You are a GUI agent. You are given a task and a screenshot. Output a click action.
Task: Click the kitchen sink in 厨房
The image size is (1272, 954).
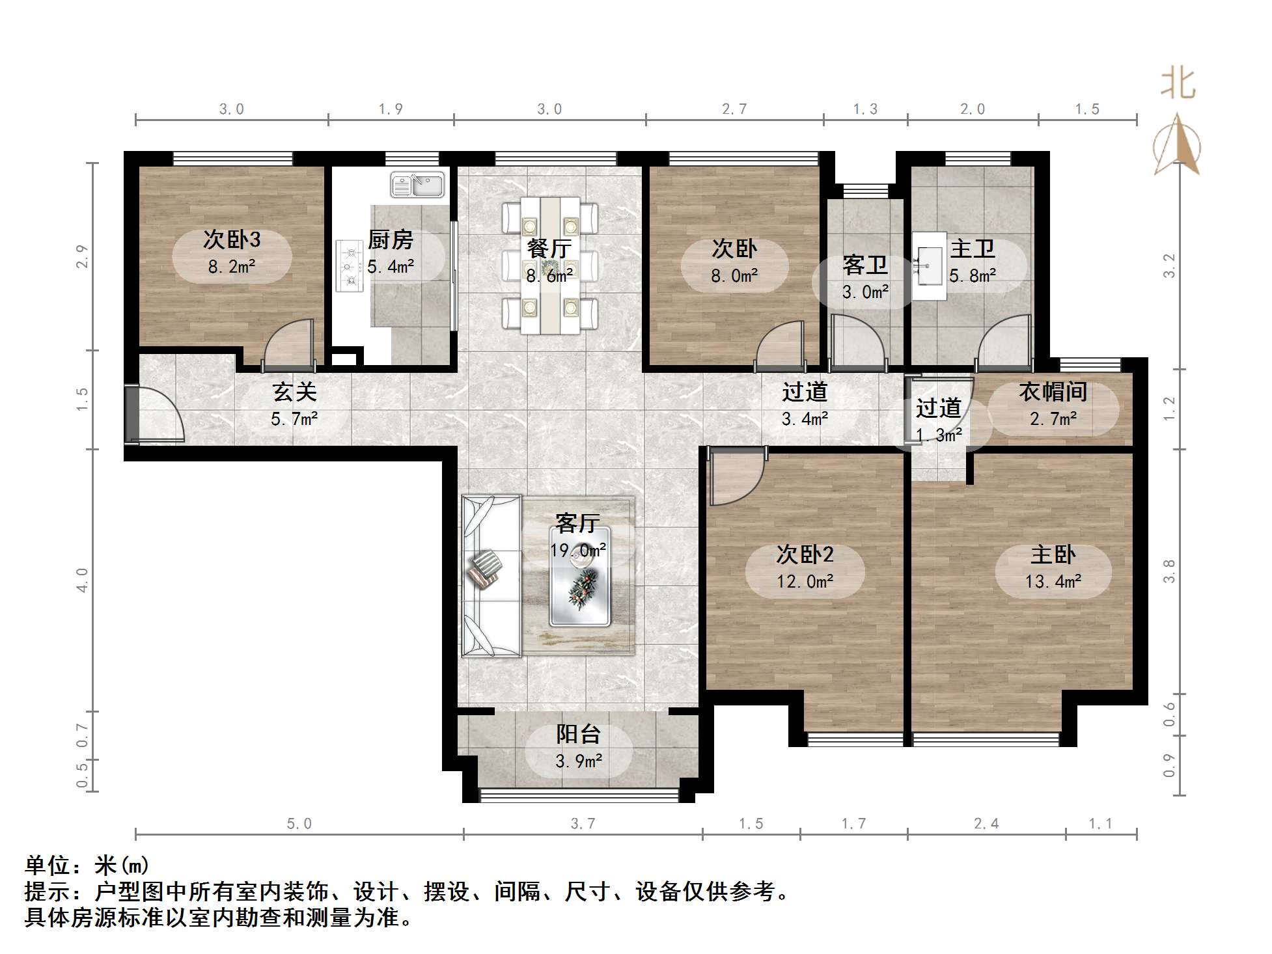point(417,185)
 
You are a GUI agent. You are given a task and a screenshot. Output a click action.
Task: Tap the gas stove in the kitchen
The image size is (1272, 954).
point(350,266)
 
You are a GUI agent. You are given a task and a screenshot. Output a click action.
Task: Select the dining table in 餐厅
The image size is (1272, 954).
point(550,266)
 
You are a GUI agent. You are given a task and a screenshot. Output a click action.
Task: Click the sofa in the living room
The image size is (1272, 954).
point(490,577)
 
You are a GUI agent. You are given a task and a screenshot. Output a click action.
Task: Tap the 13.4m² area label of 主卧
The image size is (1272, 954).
point(1053,581)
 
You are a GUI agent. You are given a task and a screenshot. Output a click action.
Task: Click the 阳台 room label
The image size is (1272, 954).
point(578,734)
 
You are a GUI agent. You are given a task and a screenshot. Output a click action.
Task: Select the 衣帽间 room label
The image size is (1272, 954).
point(1053,392)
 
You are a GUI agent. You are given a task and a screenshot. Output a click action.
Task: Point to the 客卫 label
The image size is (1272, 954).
point(865,265)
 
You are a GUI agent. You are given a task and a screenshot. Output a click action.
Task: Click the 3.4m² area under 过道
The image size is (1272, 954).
point(805,418)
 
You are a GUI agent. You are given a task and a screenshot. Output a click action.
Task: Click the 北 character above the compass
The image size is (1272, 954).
point(1178,85)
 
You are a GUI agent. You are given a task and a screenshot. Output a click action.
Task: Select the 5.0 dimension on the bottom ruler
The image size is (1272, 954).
point(299,824)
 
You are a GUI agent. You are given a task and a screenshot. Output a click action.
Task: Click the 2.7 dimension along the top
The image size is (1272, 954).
point(734,109)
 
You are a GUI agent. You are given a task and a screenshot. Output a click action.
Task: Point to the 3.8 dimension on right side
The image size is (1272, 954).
point(1170,571)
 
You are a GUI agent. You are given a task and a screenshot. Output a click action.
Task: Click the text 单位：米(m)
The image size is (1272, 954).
point(87,865)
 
